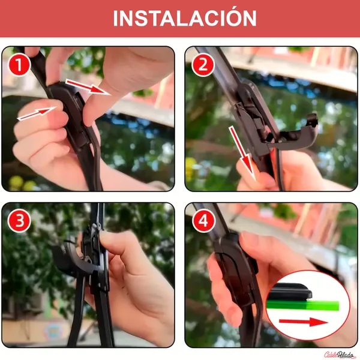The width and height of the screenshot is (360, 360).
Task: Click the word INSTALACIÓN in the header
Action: (x=185, y=18)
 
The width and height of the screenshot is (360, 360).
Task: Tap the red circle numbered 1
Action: (x=19, y=65)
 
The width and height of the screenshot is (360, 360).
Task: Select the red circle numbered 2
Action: (x=203, y=65)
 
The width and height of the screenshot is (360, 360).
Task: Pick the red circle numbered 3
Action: (x=19, y=221)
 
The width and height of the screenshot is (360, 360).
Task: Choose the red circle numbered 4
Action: (x=203, y=221)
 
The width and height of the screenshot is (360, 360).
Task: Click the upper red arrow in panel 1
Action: (x=87, y=87)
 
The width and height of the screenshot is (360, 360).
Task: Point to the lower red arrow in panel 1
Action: (x=37, y=113)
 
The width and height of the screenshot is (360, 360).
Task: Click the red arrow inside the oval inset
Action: (x=304, y=322)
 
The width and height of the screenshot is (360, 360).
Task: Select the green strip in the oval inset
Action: (x=302, y=305)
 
